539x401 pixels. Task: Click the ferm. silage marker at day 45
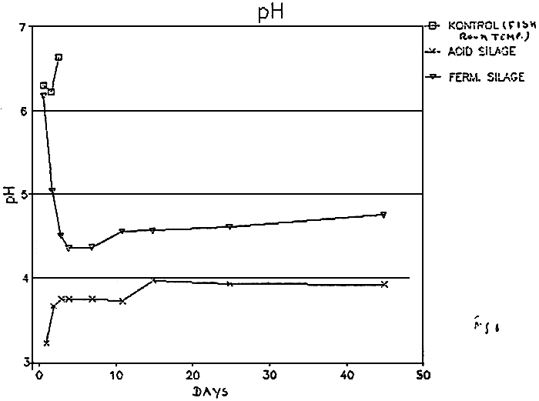point(383,215)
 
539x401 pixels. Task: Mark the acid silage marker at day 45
point(383,285)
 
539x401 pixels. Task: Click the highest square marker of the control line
point(59,57)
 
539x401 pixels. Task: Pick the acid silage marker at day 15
point(154,281)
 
